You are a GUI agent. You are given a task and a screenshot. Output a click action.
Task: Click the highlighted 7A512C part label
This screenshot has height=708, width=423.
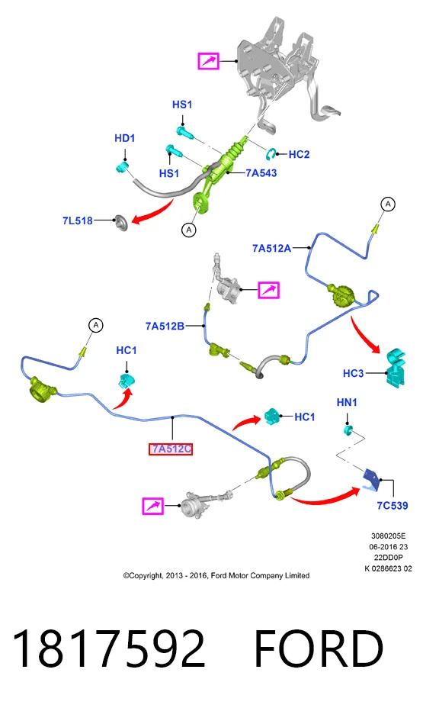pos(171,449)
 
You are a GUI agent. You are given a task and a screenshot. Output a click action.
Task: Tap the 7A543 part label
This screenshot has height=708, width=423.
pos(261,173)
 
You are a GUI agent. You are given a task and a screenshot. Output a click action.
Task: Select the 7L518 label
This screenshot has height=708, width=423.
pos(78,220)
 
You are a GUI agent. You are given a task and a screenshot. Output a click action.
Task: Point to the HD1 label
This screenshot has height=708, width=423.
pos(124,138)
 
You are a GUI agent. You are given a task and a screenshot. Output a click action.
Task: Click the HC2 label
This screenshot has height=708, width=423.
pos(299,154)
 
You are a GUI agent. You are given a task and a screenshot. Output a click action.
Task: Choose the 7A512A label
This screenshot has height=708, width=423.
pos(271,249)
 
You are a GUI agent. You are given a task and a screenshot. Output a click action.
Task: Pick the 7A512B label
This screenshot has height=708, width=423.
pos(165,326)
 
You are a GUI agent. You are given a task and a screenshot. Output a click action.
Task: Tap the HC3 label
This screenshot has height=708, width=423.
pos(353,373)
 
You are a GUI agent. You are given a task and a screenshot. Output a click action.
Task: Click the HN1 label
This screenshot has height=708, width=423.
pos(347,402)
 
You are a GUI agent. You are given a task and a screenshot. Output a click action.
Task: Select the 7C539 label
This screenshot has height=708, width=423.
pos(393,506)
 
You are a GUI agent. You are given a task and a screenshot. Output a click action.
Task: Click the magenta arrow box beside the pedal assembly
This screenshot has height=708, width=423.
pos(208,61)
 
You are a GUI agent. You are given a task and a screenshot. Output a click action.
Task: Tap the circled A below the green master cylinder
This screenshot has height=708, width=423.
pos(188,230)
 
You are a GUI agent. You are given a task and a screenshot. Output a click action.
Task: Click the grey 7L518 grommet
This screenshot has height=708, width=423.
pos(120,223)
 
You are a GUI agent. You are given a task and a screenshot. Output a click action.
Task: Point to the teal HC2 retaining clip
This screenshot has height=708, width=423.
pos(271,154)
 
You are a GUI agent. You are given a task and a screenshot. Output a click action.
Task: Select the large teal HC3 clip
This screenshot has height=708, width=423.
pos(396,367)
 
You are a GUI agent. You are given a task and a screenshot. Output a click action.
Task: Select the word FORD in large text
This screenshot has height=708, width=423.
pos(319,648)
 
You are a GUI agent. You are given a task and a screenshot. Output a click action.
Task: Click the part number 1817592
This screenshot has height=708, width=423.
pos(109,648)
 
